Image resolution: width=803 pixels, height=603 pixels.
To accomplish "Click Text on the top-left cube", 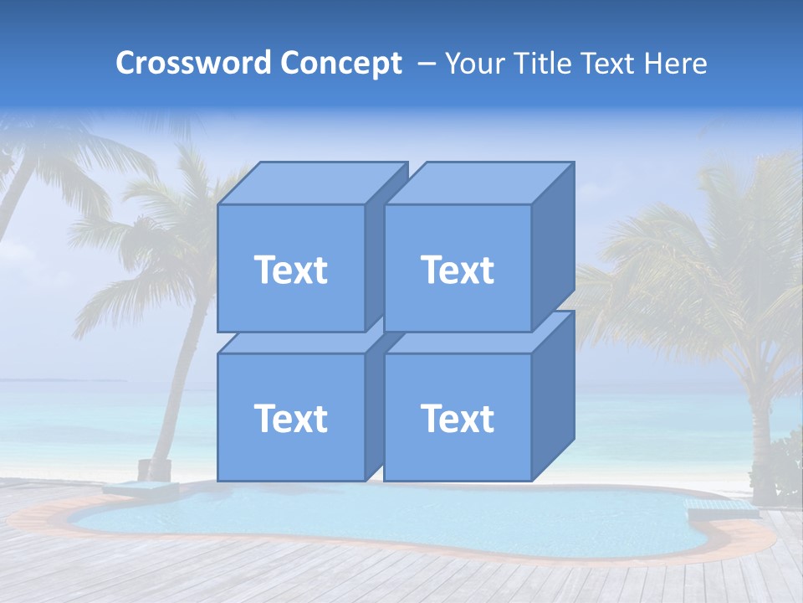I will point(290,270).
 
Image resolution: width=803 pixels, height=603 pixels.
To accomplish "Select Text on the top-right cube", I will point(457,270).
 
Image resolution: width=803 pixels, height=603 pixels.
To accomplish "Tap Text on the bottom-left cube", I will point(290,418).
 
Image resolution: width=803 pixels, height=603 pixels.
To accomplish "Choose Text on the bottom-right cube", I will point(457,418).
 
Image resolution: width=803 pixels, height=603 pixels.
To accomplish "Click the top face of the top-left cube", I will point(311,183).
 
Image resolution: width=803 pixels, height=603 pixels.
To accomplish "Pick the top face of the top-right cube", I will point(478,183).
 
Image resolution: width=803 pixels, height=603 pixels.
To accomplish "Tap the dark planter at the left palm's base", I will point(154,470).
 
